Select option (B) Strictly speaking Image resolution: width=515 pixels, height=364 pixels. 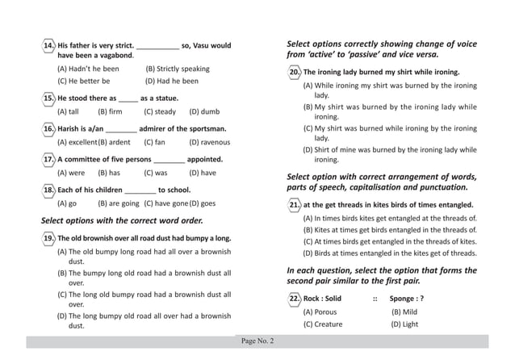click(177, 69)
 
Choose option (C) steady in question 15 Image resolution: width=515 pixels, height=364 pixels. click(159, 111)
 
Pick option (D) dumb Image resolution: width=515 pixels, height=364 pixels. click(203, 111)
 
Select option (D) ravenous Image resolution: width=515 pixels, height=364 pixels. click(209, 142)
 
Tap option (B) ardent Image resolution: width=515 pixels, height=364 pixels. click(114, 142)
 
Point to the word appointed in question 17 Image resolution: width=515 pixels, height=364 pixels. click(205, 159)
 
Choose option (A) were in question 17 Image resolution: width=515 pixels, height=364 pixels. click(71, 173)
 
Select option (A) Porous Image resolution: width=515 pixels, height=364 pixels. click(320, 312)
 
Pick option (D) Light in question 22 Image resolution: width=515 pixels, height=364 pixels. click(404, 324)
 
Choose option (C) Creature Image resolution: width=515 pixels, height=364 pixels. click(322, 324)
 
